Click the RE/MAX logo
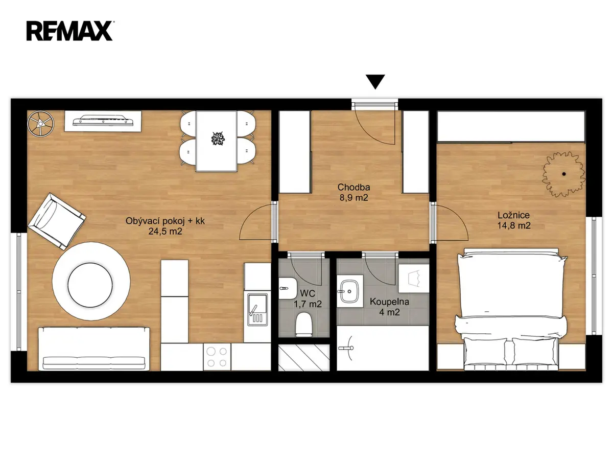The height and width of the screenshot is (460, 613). tap(69, 31)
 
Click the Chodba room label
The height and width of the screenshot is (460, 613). tap(353, 187)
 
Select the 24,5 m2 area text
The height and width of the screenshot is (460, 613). tap(165, 231)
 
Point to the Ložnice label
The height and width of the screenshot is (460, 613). tap(513, 215)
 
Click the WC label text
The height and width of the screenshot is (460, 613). tap(308, 293)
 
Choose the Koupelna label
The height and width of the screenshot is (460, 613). tap(389, 302)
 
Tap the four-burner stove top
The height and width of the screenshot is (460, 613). tap(217, 357)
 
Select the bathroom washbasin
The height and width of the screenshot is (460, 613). tap(349, 291)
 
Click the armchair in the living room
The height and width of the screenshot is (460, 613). tap(57, 221)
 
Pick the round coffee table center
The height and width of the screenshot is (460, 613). tap(90, 285)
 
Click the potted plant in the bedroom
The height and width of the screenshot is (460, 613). tap(564, 174)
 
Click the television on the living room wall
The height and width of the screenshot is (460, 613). tap(103, 121)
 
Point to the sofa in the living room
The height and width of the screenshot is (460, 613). tap(94, 349)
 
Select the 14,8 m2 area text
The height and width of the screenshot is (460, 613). tap(513, 225)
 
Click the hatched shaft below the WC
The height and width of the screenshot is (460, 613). tap(304, 357)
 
